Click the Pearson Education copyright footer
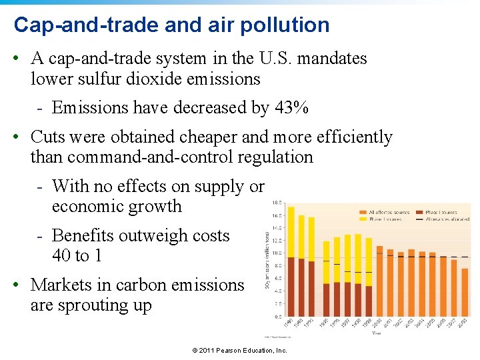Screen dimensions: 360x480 click(x=239, y=351)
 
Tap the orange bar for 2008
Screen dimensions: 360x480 click(x=465, y=292)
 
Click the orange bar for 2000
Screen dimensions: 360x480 click(x=379, y=281)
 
